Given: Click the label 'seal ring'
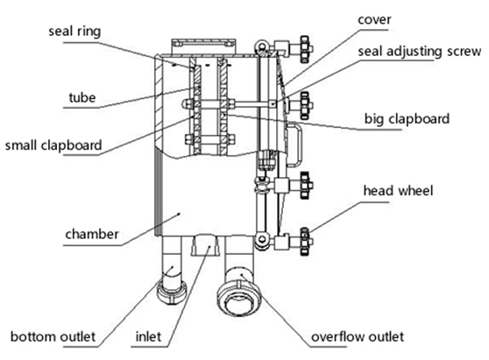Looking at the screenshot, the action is (x=74, y=32).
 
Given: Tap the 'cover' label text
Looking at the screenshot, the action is (x=374, y=19).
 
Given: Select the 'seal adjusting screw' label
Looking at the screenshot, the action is (x=420, y=52).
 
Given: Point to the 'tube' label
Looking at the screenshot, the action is (x=82, y=97).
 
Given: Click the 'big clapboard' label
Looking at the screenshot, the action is (x=407, y=119).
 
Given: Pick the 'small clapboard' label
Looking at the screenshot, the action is (x=53, y=145).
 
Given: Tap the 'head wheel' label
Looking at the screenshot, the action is (x=398, y=190).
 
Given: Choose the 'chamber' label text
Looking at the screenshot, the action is (x=92, y=234).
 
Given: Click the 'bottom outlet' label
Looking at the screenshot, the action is (x=53, y=336).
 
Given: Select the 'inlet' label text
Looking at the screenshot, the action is (x=148, y=336).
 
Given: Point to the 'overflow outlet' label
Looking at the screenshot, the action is (x=358, y=336).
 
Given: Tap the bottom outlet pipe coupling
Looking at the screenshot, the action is (x=173, y=291).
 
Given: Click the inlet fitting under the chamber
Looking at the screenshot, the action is (x=204, y=245).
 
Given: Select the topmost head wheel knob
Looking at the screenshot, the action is (x=306, y=49).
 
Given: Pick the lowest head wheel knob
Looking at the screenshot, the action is (x=306, y=242).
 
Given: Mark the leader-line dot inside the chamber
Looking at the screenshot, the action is (x=179, y=214).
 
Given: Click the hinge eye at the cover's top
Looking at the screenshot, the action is (x=262, y=46).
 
